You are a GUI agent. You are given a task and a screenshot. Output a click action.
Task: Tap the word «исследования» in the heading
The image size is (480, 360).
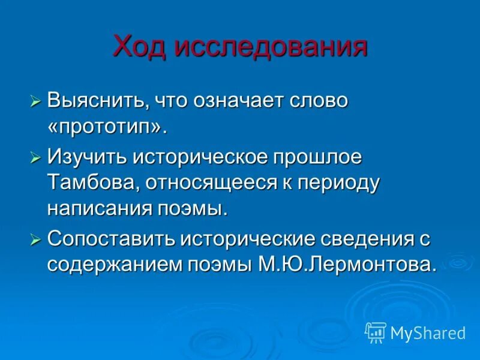click(x=271, y=46)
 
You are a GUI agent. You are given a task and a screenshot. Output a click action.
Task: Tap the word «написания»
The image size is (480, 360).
click(x=94, y=208)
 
